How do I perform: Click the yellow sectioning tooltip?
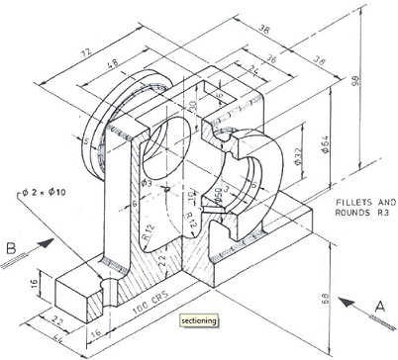(x=198, y=320)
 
